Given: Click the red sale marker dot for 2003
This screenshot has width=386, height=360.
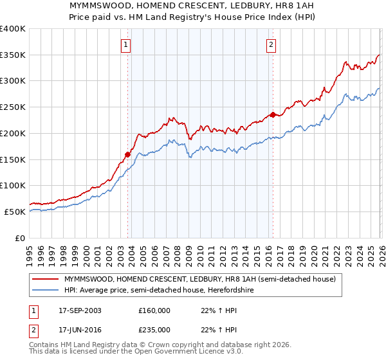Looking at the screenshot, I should (x=128, y=154).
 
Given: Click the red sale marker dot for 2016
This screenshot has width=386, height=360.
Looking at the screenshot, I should (x=272, y=115).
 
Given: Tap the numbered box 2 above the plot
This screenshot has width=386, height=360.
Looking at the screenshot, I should (x=271, y=44).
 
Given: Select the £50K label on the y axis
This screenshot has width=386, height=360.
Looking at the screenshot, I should (x=15, y=212).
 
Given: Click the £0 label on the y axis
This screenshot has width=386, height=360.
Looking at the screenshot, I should (x=21, y=238).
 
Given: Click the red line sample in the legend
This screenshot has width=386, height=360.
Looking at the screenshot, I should (x=46, y=279).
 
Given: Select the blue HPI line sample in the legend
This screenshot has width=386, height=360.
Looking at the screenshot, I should (x=46, y=290).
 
